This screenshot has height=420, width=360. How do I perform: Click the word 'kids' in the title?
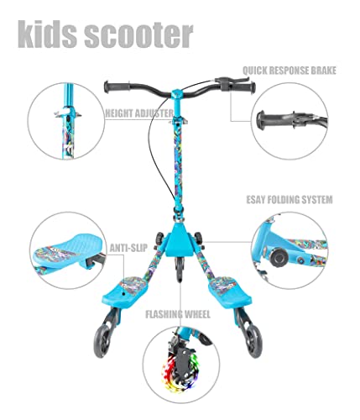click(x=47, y=34)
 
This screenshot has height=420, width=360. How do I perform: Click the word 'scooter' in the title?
click(x=139, y=36)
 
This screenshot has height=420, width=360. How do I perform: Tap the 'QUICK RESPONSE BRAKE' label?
click(x=290, y=71)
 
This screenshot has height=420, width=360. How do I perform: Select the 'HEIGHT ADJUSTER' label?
click(x=139, y=113)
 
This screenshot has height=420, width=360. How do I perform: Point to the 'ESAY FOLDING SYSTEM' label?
click(x=290, y=200)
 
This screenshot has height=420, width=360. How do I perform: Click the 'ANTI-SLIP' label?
click(x=128, y=248)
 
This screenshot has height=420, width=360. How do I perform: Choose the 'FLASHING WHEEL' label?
click(x=178, y=314)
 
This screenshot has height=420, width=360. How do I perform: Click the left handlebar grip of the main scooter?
click(x=117, y=87)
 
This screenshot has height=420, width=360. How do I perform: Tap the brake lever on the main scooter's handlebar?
click(x=231, y=80)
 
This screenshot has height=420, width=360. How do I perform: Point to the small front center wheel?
click(x=180, y=269)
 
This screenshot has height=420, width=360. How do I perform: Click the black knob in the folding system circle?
click(x=279, y=255)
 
